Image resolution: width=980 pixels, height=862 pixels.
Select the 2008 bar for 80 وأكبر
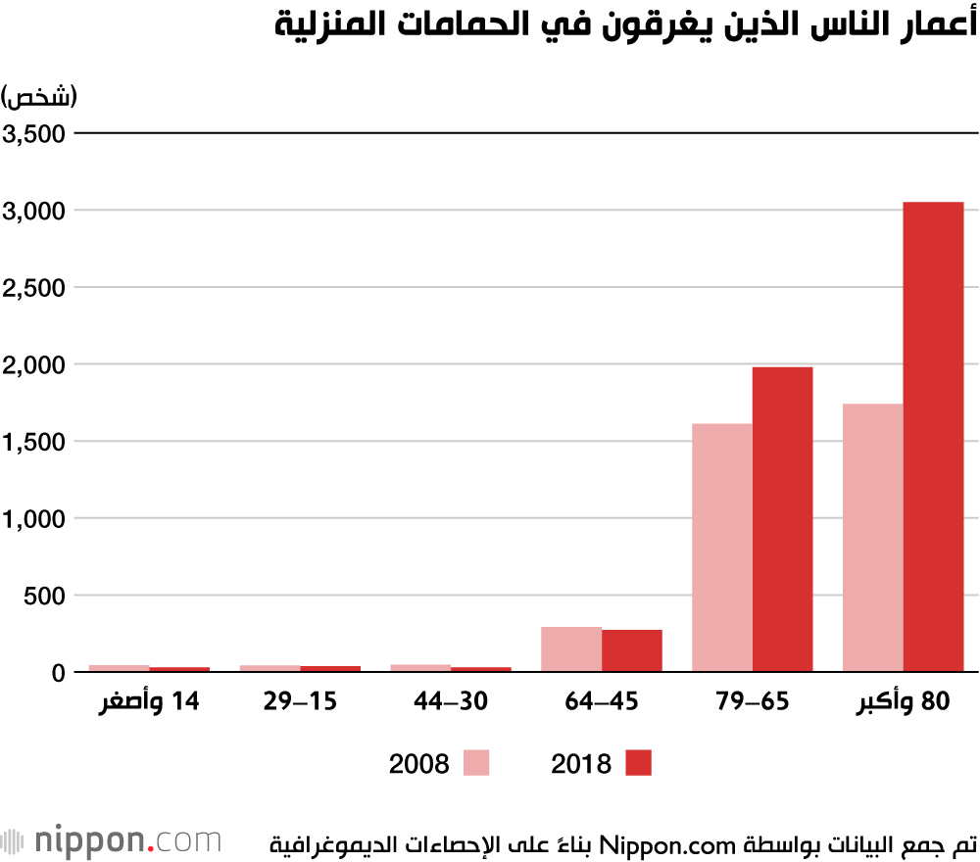coord(872,538)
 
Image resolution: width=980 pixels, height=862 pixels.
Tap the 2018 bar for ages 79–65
coord(782,519)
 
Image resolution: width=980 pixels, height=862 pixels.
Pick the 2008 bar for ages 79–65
coord(722,548)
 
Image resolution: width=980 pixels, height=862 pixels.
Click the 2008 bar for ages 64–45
coord(571,649)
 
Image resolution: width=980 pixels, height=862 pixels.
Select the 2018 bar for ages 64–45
coord(632,651)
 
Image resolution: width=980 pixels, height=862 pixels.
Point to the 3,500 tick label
coord(33,134)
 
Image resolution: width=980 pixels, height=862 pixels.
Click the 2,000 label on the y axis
coord(33,364)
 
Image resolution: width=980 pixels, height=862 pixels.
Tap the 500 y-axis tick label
coord(42,596)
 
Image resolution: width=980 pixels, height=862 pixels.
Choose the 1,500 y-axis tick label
coord(33,442)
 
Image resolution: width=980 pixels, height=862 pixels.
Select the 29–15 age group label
coord(300,703)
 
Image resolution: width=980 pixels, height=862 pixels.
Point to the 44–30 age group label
coord(450,703)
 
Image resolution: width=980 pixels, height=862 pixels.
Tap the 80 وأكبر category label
coord(903,703)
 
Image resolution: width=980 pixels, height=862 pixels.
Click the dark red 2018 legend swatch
coord(638,763)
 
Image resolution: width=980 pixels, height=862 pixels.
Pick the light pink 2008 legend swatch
coord(475,763)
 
